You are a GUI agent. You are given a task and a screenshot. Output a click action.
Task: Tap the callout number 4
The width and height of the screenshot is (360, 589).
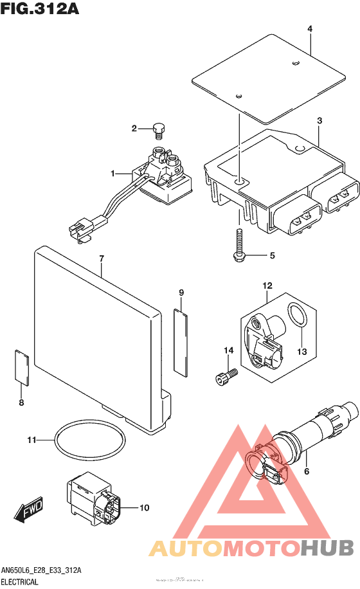click(309, 30)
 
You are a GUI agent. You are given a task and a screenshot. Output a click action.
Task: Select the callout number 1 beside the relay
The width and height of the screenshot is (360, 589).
click(113, 174)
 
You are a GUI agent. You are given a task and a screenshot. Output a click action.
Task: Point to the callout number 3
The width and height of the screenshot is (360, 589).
click(319, 121)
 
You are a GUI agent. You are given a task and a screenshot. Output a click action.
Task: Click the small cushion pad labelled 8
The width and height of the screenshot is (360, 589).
click(21, 367)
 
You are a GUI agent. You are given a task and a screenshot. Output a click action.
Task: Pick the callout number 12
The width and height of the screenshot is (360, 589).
click(267, 285)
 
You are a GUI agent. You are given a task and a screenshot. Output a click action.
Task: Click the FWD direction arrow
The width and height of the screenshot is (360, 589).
click(28, 512)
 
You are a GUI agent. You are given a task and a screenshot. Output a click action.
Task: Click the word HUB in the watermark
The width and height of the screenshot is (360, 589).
click(327, 548)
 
